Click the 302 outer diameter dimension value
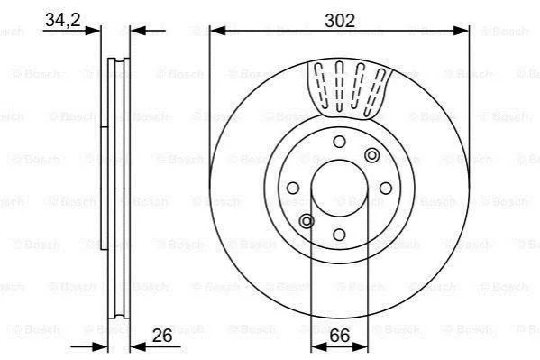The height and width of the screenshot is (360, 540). pos(340,21)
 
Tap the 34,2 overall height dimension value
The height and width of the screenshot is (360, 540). pos(63,20)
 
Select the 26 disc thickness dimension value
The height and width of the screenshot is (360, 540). pos(162,335)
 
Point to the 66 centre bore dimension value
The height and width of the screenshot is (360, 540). pos(340,335)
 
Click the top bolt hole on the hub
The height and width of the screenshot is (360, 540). pos(339,142)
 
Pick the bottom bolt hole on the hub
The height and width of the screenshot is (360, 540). pos(339,235)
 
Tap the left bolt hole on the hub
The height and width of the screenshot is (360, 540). pos(293,189)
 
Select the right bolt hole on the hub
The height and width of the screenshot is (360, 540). pos(386,189)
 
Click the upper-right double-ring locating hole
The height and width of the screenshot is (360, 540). pos(372,155)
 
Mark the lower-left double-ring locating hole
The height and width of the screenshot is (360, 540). pos(307,221)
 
